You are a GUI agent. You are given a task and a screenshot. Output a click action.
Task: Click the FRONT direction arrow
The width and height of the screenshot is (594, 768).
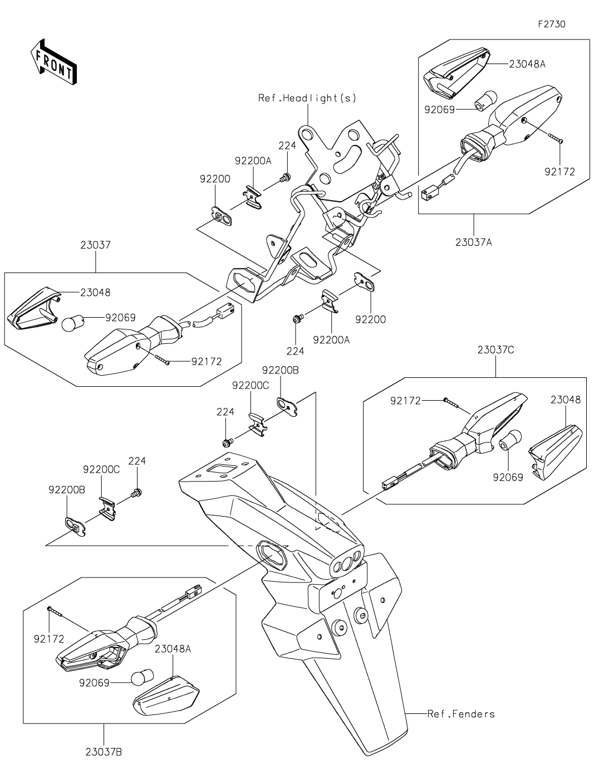[53, 62]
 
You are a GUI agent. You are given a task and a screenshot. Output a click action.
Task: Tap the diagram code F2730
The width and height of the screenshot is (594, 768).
[552, 25]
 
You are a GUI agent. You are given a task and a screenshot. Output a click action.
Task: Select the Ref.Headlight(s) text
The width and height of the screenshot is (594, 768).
[307, 98]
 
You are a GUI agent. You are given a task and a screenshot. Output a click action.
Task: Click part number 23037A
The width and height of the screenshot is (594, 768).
[473, 242]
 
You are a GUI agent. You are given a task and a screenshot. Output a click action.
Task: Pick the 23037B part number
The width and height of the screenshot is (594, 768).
[104, 752]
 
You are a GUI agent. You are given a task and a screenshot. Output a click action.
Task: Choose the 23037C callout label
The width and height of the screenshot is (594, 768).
[495, 350]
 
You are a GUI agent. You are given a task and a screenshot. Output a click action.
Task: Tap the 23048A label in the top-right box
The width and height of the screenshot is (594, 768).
[527, 64]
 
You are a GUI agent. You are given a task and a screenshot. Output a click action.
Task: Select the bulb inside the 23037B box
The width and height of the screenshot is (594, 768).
[142, 677]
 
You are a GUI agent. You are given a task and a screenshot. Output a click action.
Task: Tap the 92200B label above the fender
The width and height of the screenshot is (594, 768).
[280, 371]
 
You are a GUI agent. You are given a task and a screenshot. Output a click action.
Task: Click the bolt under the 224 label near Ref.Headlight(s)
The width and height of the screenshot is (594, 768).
[286, 177]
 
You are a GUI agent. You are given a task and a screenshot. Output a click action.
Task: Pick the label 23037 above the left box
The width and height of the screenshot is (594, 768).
[95, 245]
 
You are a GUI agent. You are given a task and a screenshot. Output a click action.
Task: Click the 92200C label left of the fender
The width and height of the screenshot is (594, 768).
[101, 469]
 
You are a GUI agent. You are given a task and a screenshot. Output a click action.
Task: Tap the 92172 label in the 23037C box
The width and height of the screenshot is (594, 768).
[405, 401]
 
